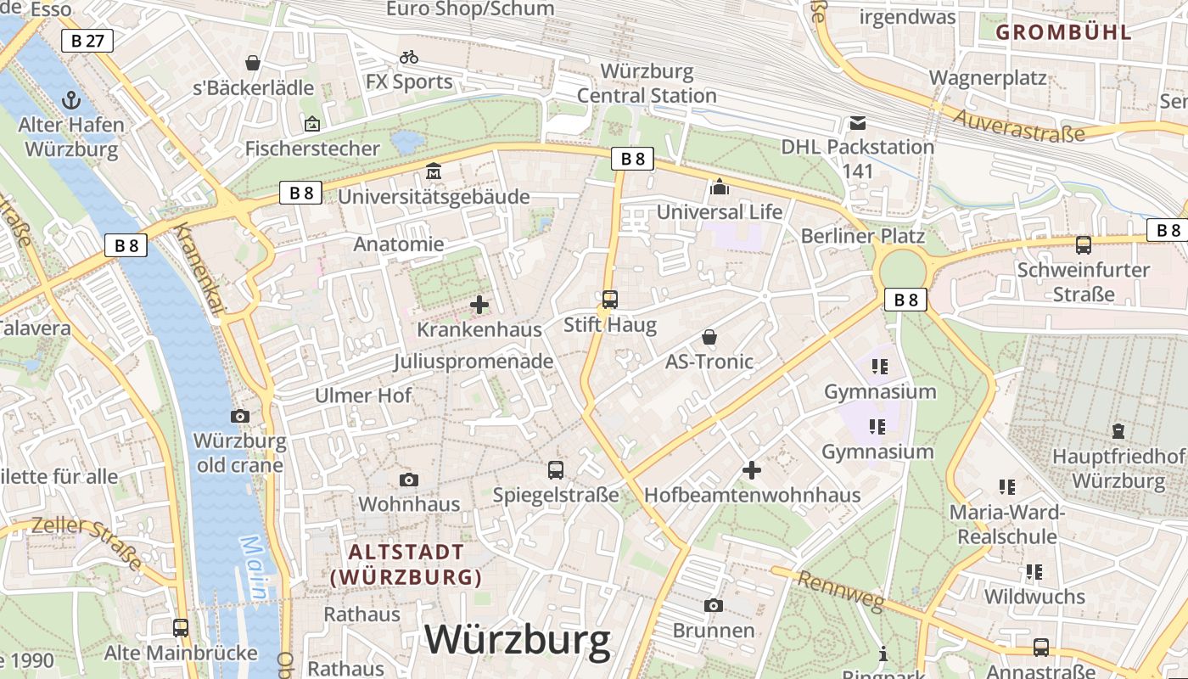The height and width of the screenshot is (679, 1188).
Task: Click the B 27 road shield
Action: [87, 40]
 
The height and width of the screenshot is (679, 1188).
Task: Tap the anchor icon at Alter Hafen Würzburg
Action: [72, 100]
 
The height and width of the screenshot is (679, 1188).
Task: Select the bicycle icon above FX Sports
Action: [409, 57]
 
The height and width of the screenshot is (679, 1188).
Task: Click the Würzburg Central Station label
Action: [647, 83]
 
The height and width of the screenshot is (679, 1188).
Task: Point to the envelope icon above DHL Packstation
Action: [858, 123]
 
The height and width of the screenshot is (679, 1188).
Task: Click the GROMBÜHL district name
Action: [1063, 32]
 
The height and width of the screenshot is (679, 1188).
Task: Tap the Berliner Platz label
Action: [862, 235]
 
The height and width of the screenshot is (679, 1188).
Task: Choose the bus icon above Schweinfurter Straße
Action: [1083, 245]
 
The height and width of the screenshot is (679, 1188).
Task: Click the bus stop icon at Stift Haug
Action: [609, 299]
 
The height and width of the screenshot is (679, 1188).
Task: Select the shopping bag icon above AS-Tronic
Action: [709, 337]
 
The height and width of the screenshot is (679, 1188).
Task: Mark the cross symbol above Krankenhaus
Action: [479, 304]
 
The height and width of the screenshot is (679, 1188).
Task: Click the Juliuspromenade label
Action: [474, 362]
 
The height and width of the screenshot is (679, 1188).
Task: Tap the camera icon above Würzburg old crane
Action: [240, 416]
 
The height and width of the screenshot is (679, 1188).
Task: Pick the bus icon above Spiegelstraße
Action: [556, 469]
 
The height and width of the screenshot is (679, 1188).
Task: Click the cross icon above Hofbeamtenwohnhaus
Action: [752, 469]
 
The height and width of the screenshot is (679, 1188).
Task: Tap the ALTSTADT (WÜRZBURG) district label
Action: [406, 564]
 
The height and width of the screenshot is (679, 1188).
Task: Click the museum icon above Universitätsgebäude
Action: [434, 171]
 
